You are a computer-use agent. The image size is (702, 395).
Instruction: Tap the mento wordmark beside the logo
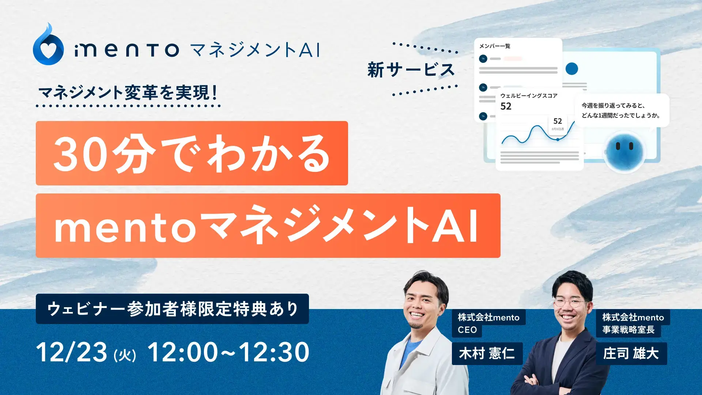point(127,50)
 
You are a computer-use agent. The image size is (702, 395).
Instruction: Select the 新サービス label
point(411,70)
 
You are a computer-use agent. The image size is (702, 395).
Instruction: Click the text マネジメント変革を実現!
point(128,93)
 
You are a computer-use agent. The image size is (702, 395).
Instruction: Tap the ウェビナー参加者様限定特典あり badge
point(172,309)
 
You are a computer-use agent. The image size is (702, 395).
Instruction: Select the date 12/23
point(72,352)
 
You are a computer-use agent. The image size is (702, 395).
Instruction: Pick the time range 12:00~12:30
point(229,352)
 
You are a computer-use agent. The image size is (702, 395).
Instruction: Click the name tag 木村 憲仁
point(487,354)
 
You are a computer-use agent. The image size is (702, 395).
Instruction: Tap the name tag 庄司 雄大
point(631,354)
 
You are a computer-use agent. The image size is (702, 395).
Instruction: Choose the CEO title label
point(467,330)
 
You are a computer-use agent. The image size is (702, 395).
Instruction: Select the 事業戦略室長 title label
point(628,330)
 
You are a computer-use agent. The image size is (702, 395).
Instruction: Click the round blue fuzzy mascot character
point(624,151)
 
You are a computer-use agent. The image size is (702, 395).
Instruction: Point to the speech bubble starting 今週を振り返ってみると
point(622,110)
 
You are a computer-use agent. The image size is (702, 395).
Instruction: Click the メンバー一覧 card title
point(495,46)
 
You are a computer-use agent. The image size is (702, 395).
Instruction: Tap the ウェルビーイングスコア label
point(529,96)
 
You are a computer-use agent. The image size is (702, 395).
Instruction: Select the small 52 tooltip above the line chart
point(558,123)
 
